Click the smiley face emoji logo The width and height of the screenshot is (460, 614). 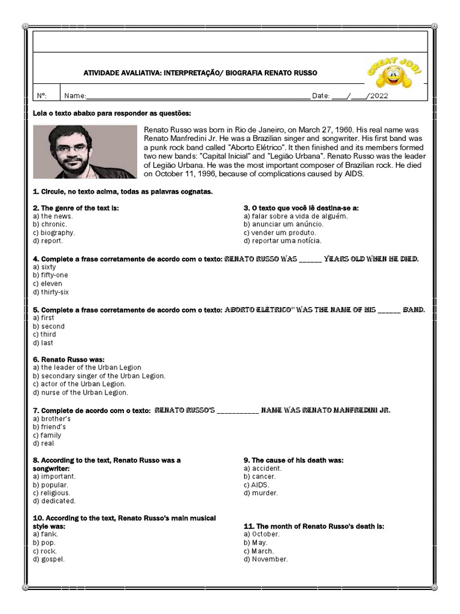point(394,75)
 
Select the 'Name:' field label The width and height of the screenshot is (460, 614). point(75,96)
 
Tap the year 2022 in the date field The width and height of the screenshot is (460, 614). point(379,96)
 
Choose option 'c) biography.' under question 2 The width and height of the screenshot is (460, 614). point(54,233)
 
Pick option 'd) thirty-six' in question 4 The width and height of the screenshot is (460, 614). point(51,292)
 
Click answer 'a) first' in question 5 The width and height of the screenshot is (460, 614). point(44,318)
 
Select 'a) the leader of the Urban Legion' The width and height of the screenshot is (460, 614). point(87,368)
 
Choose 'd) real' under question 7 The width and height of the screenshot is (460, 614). point(44,444)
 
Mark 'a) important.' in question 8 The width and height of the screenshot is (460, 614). point(54,476)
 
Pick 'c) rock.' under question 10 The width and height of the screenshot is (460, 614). point(46,551)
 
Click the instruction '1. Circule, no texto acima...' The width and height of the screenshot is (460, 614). point(123,191)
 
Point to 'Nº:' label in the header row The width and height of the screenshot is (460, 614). point(42,96)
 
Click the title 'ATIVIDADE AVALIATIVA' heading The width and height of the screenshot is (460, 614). point(200,73)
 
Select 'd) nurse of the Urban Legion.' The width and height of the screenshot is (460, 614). point(80,392)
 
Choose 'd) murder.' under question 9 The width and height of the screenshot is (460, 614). point(261,493)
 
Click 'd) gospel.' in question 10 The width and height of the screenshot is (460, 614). point(49,559)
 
